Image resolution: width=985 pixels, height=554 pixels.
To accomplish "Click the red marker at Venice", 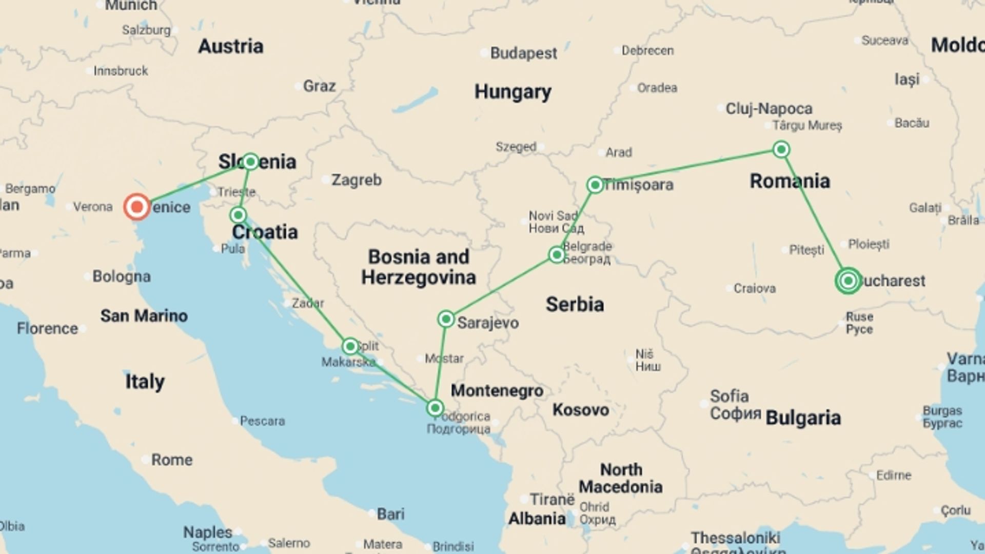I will tap(137, 207).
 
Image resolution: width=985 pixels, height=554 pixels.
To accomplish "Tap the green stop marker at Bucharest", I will tap(848, 281).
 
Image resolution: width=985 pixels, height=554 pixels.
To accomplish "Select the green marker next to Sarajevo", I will tap(446, 319).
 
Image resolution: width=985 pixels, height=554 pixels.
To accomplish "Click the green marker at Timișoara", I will tap(595, 185).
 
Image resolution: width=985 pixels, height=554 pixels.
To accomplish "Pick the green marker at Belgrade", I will tap(557, 254).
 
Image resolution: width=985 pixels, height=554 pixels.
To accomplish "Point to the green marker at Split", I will tap(350, 346).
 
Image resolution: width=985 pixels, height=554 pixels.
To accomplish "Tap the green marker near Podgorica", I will tap(435, 408).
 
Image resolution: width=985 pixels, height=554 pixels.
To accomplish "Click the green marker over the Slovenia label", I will tap(250, 162).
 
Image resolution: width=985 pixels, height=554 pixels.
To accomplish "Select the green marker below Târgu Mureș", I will tap(781, 149).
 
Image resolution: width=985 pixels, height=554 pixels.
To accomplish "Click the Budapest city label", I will tap(523, 53).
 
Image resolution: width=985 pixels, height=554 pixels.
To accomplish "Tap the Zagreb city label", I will tap(356, 180).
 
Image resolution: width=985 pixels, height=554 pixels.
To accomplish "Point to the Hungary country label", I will tap(513, 92).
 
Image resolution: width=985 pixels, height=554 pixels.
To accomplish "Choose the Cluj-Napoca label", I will tap(769, 109).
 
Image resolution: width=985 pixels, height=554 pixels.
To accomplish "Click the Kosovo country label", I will tap(580, 410).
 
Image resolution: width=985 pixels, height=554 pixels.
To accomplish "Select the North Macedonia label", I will tap(621, 478).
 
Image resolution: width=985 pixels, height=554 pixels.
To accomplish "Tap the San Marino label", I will tap(144, 315).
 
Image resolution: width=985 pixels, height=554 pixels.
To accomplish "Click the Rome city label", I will tap(171, 460).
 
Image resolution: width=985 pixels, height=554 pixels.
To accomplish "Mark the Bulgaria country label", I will tap(803, 418).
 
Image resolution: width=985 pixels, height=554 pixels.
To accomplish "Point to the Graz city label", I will tap(319, 86).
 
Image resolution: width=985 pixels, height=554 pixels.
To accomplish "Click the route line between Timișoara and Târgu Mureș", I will tap(687, 167).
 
